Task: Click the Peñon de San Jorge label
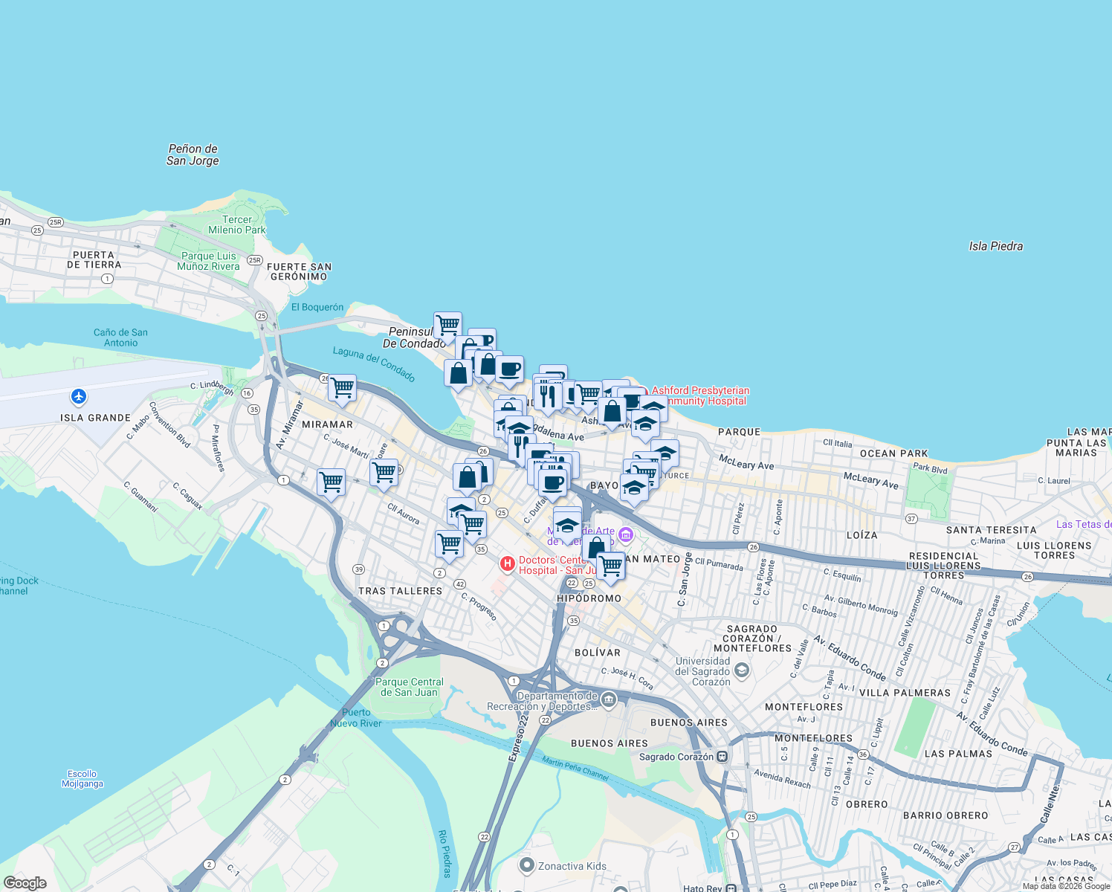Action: pyautogui.click(x=193, y=155)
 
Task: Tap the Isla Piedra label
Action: pyautogui.click(x=995, y=246)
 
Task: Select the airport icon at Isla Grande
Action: pyautogui.click(x=79, y=396)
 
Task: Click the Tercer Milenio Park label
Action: pyautogui.click(x=236, y=224)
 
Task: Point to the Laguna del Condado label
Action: pyautogui.click(x=374, y=363)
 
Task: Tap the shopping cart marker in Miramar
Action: pyautogui.click(x=342, y=387)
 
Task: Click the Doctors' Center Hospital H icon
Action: pyautogui.click(x=508, y=564)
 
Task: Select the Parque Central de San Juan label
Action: pyautogui.click(x=409, y=687)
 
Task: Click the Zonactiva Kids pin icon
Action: pyautogui.click(x=527, y=865)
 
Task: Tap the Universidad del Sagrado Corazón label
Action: pyautogui.click(x=702, y=671)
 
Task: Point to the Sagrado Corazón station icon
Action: pyautogui.click(x=723, y=757)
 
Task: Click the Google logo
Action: pyautogui.click(x=25, y=882)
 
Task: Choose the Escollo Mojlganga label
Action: pyautogui.click(x=83, y=779)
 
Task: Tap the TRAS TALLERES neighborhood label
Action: pyautogui.click(x=400, y=591)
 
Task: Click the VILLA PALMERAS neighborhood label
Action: pyautogui.click(x=905, y=693)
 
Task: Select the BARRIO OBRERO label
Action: pyautogui.click(x=945, y=815)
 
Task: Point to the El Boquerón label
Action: pyautogui.click(x=317, y=307)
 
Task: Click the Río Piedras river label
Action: pyautogui.click(x=445, y=853)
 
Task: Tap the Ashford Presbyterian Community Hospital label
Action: pyautogui.click(x=699, y=395)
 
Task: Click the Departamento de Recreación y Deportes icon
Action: pyautogui.click(x=609, y=699)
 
